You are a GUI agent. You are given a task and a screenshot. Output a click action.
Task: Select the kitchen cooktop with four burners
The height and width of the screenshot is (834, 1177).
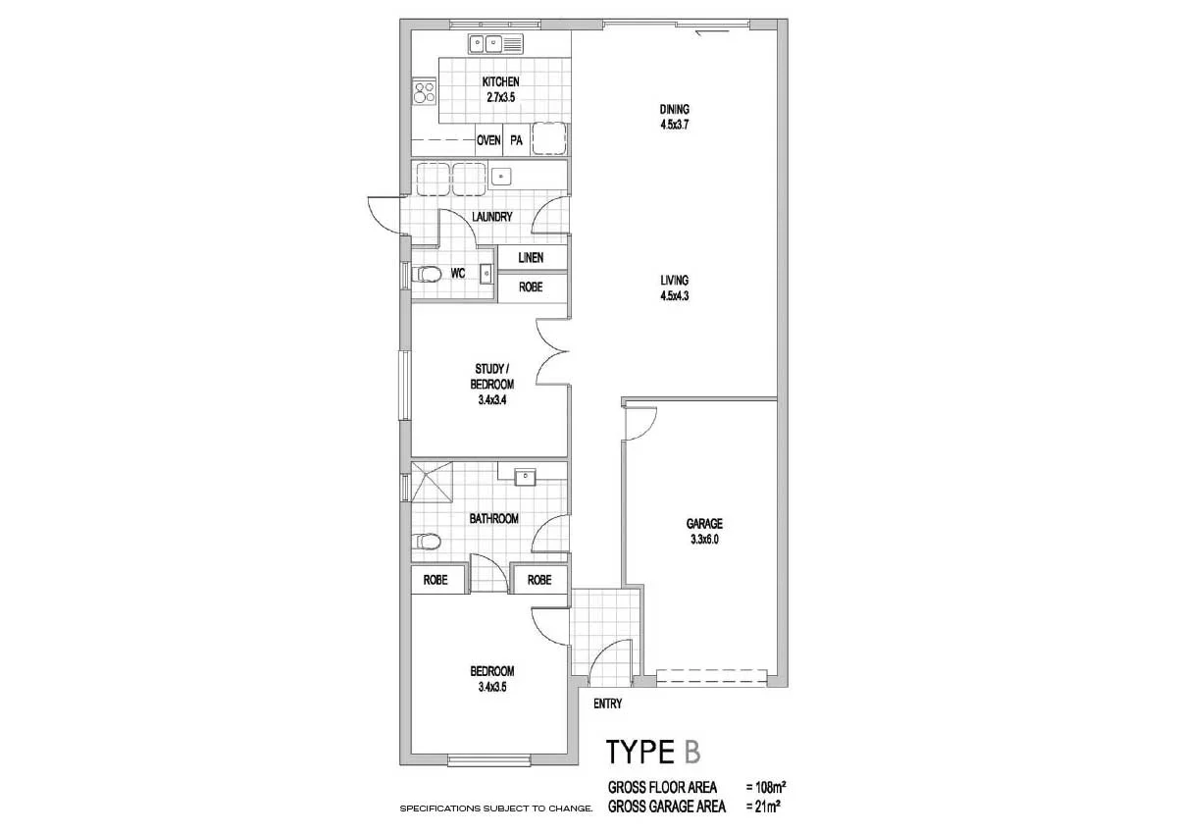coord(425,92)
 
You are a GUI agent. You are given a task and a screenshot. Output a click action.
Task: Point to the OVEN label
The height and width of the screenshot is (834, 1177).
coord(488,141)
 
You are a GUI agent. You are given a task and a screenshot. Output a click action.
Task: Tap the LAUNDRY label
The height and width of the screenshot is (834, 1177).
coord(491,217)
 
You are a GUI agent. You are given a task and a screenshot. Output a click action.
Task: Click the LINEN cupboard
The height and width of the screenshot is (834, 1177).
coord(531,258)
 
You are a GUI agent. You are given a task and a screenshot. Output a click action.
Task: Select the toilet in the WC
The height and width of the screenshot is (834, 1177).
coord(427,275)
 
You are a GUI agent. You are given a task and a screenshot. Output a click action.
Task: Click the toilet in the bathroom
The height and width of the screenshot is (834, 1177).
coord(427,541)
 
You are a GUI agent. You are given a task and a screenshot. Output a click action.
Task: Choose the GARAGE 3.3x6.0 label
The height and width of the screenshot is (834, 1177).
coord(704,531)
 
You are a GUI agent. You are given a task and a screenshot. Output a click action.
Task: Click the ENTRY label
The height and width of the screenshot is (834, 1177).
coord(608,704)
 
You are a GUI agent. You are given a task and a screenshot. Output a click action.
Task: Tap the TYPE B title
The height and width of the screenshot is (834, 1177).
coord(653,753)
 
